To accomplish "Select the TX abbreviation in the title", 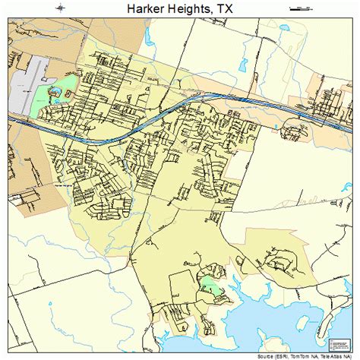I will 226,9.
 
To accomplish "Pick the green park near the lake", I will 208,289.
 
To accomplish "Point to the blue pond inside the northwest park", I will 55,94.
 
